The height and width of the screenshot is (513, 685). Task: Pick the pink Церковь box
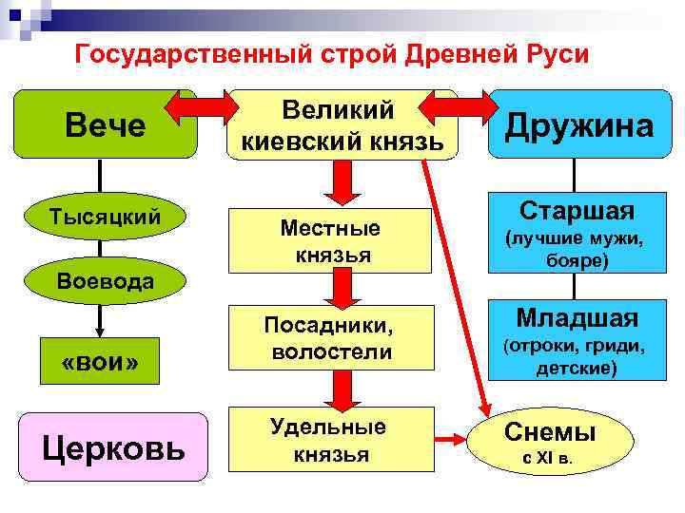(x=113, y=446)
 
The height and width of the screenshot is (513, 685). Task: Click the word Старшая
(x=577, y=209)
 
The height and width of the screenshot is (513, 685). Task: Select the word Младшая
(x=577, y=316)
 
